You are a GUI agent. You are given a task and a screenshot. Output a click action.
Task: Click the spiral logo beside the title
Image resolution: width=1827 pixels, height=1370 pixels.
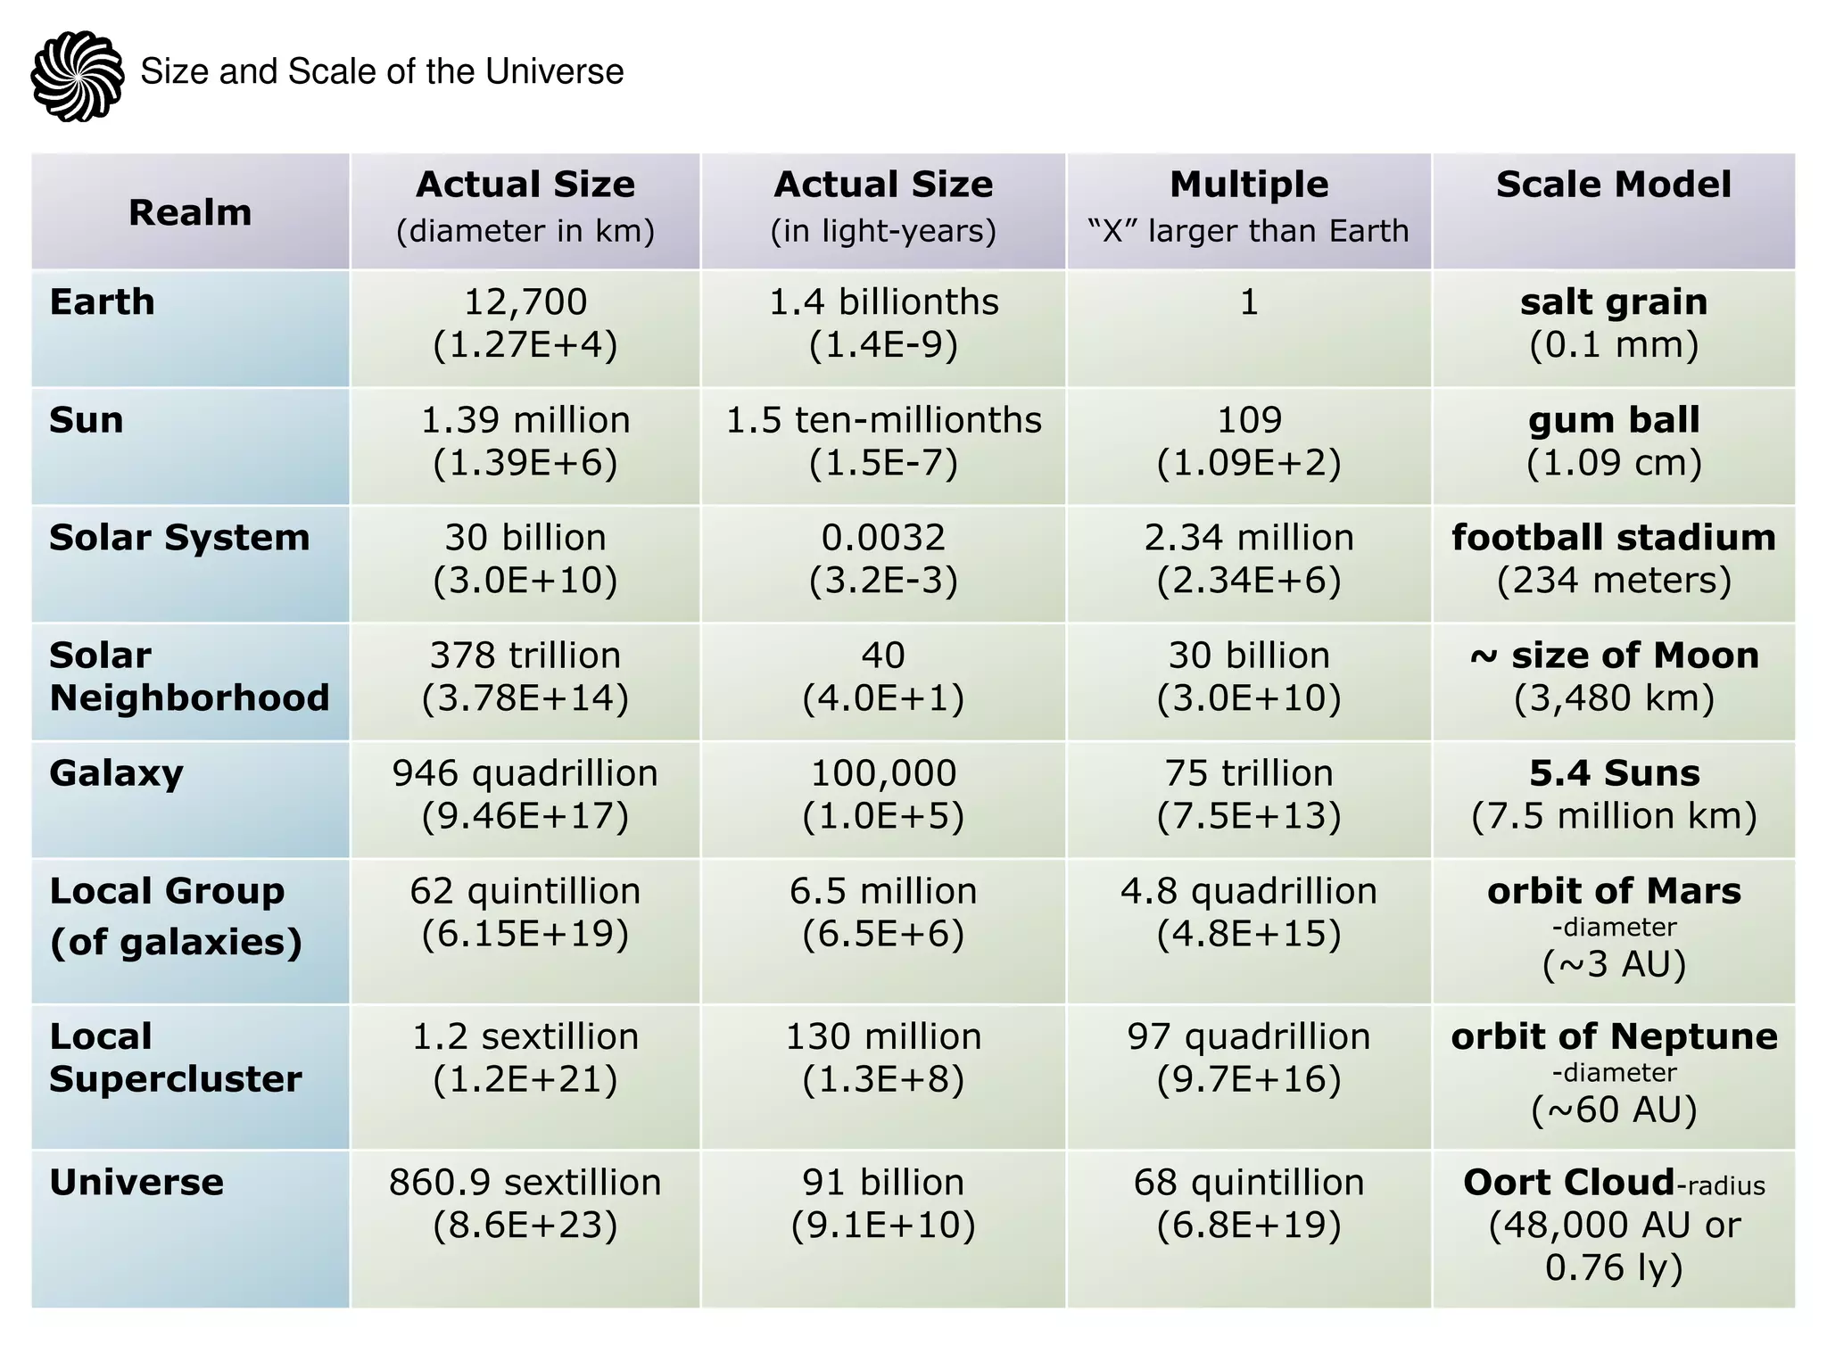click(x=77, y=76)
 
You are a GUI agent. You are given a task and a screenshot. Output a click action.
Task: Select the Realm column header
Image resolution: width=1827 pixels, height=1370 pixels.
click(x=190, y=212)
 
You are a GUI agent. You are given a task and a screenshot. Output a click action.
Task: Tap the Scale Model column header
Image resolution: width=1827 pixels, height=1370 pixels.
click(x=1613, y=186)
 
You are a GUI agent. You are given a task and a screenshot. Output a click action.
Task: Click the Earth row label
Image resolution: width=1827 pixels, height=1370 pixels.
click(x=103, y=302)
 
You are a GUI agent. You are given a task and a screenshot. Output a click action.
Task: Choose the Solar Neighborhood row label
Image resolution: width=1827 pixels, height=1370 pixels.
click(x=189, y=677)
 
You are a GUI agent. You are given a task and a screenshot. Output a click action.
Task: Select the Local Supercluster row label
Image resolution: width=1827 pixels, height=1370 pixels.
click(x=176, y=1058)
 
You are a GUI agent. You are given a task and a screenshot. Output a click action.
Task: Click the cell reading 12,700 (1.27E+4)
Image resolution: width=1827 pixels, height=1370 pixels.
click(x=525, y=324)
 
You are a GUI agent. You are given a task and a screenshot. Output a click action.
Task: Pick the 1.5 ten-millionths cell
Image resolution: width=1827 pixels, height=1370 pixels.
click(x=883, y=442)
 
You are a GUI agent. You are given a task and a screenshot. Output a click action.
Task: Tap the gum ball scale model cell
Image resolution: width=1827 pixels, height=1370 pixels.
click(x=1613, y=442)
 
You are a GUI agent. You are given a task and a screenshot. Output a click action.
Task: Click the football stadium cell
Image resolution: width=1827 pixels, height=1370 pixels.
click(x=1613, y=559)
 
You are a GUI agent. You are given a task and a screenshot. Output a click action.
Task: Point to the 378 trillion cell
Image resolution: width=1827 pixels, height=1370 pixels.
click(x=525, y=677)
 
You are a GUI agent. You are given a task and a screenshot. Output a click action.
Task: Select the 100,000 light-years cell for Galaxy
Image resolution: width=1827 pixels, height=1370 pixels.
click(x=883, y=795)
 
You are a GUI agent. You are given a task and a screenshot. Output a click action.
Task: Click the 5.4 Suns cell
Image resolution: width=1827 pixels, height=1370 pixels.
click(x=1613, y=795)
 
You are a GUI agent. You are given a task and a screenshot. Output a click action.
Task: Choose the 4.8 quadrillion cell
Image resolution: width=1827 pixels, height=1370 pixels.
click(x=1248, y=912)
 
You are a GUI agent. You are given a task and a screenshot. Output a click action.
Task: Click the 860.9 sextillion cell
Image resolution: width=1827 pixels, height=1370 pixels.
click(x=525, y=1203)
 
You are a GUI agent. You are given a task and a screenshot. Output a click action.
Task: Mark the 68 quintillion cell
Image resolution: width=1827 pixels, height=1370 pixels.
click(x=1248, y=1203)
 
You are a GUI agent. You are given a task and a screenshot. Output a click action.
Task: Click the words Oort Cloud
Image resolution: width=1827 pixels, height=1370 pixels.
click(x=1568, y=1183)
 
